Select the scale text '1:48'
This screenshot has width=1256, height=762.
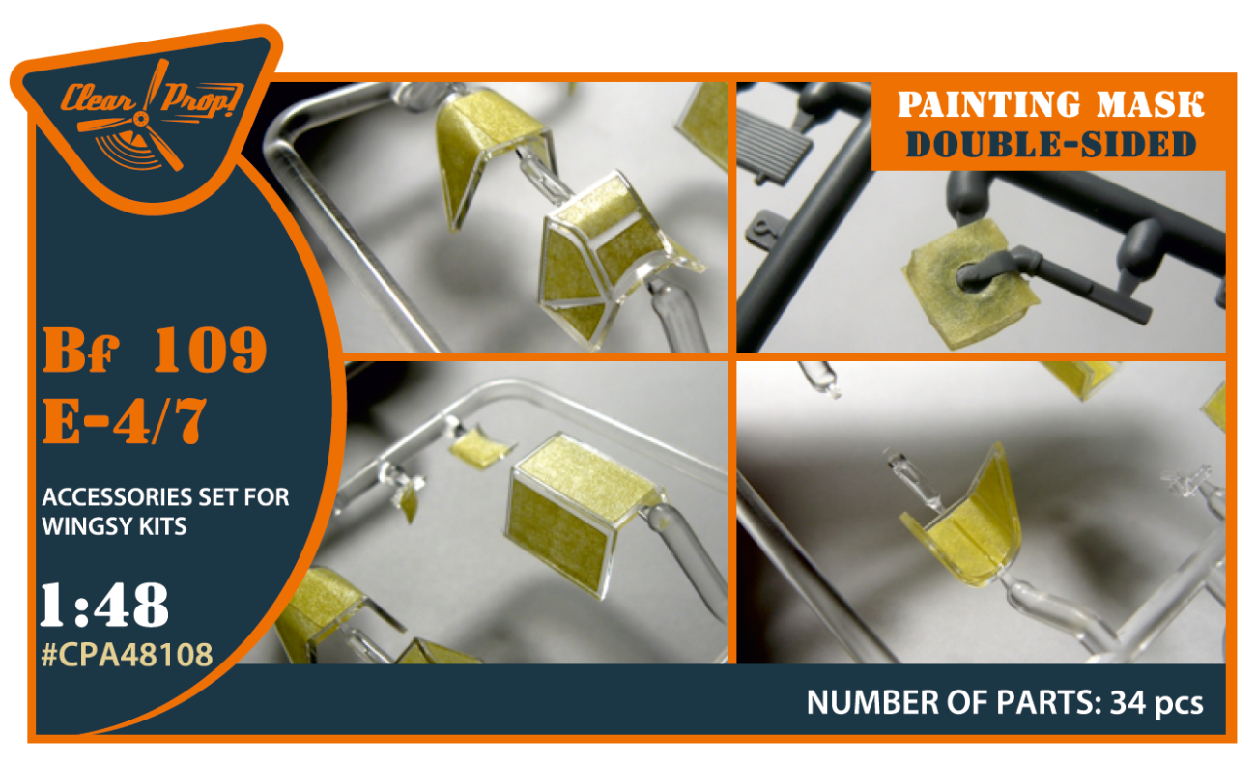(104, 606)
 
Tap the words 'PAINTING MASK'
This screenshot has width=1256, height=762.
(1050, 105)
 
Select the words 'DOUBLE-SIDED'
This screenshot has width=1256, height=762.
(1050, 144)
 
